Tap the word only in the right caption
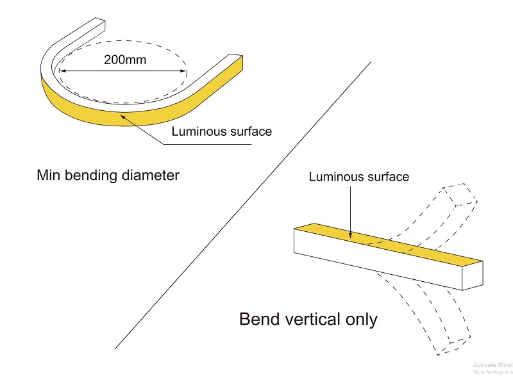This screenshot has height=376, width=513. point(360,318)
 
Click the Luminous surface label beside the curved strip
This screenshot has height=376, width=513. point(222,131)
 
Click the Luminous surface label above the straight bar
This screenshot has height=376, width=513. point(358,176)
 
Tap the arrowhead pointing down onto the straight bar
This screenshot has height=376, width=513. point(349,236)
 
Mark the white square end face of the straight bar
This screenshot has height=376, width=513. point(475,275)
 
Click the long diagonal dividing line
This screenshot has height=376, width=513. point(244,205)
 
